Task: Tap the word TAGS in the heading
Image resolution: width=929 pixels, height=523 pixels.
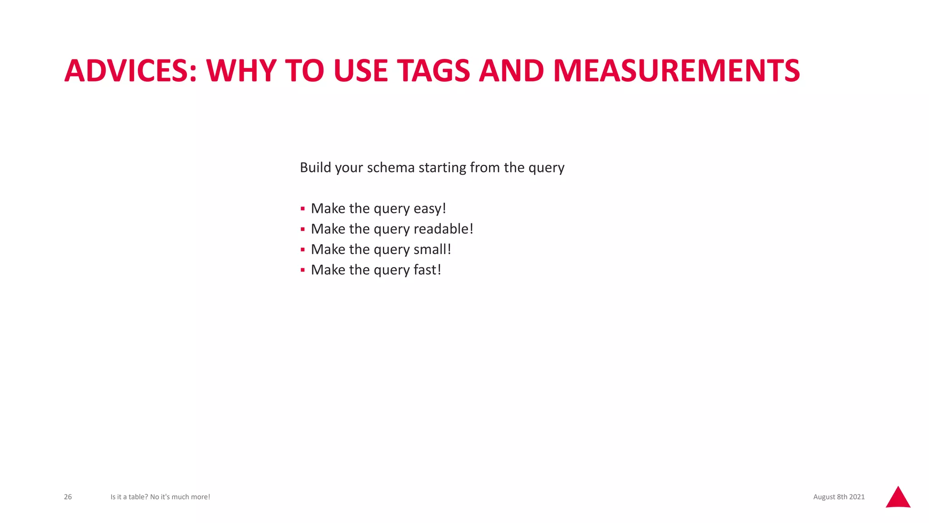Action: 434,71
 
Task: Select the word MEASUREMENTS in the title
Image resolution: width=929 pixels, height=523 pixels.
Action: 676,71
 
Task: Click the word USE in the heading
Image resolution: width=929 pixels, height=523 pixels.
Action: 361,71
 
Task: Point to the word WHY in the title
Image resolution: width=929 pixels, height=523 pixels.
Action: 241,71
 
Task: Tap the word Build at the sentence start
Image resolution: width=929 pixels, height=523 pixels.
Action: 315,168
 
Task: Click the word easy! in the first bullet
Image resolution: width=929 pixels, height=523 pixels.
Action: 430,208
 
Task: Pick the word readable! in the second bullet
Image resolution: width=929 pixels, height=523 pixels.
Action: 443,229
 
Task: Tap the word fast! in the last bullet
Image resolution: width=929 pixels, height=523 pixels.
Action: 427,270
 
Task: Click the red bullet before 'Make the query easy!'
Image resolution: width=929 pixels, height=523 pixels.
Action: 303,209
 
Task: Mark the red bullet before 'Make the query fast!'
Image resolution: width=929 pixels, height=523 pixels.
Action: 303,270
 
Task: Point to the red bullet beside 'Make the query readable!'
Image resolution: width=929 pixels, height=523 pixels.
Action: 303,229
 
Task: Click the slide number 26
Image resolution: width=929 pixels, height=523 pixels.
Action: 68,497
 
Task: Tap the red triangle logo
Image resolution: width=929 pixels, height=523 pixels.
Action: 898,498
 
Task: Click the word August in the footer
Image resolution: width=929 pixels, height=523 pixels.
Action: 824,497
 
